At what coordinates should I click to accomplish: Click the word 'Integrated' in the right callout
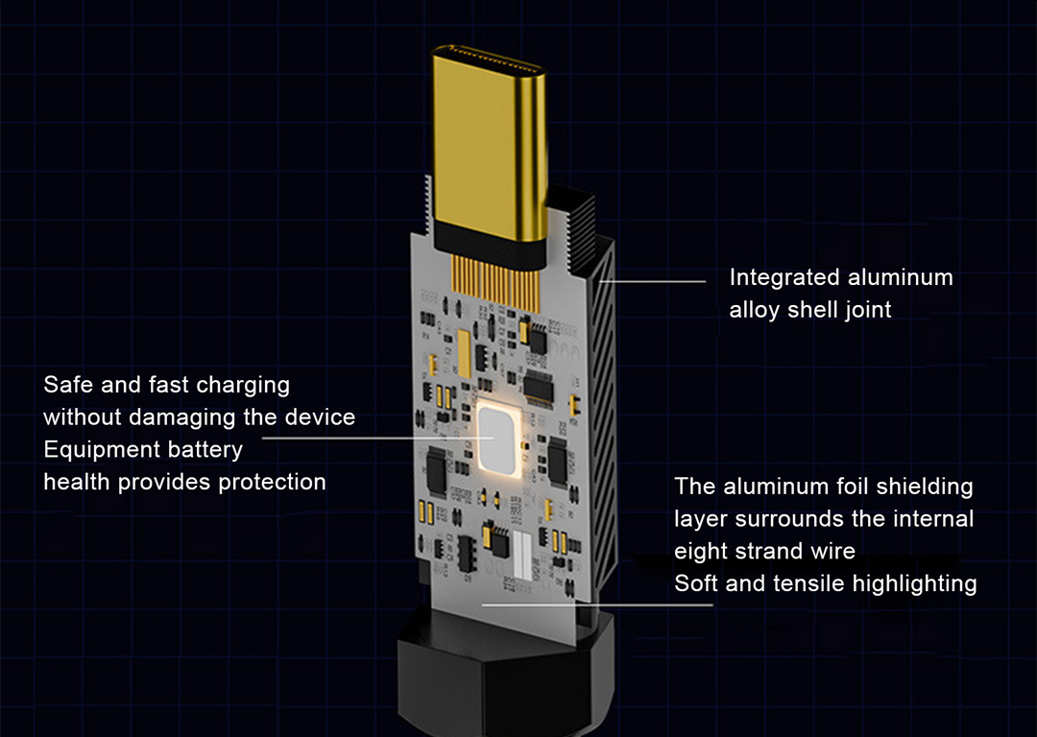(784, 278)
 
